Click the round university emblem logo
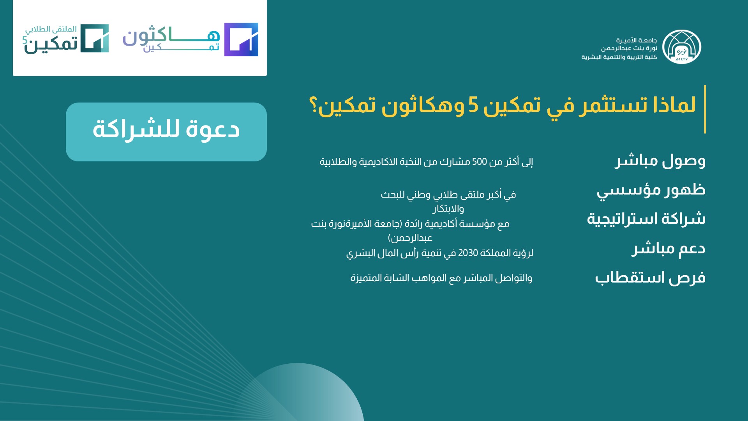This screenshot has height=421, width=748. [682, 47]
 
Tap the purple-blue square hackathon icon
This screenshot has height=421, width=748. [241, 39]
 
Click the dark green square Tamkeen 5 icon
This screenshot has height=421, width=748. [95, 38]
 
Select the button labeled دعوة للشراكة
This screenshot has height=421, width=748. [166, 132]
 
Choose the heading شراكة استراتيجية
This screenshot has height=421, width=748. [646, 219]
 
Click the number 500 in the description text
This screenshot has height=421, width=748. [480, 162]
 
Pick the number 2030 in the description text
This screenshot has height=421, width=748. [468, 253]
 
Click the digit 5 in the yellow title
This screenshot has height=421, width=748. [473, 105]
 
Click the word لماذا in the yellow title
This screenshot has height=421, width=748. [674, 104]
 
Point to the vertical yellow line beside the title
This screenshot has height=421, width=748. [705, 109]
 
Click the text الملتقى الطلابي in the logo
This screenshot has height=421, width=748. [51, 29]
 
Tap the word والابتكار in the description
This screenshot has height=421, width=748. [448, 209]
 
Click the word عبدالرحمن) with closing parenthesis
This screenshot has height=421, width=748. [410, 238]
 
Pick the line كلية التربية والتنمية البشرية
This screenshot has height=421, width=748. [619, 57]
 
